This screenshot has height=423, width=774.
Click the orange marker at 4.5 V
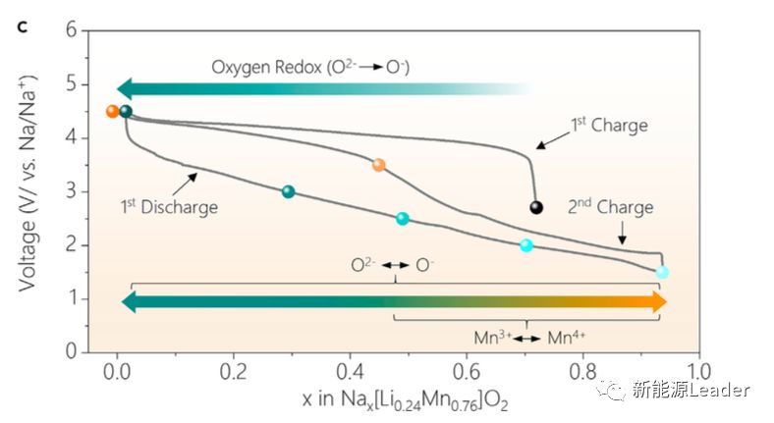[113, 111]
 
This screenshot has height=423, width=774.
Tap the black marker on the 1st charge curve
[536, 207]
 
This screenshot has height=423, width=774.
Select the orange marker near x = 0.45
[379, 165]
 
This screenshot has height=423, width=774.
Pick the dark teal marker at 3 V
[288, 191]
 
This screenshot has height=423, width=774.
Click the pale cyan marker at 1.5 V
[662, 272]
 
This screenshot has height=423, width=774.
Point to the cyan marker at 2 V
[526, 245]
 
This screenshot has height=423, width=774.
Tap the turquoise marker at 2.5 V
[402, 219]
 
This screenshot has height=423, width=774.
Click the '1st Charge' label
[609, 126]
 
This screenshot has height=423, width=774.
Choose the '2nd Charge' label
[610, 207]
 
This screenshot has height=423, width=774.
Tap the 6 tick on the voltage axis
[71, 29]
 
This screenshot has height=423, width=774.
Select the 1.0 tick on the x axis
[697, 372]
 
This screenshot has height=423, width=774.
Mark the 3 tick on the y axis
[71, 190]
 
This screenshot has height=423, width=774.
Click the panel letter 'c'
[22, 26]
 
